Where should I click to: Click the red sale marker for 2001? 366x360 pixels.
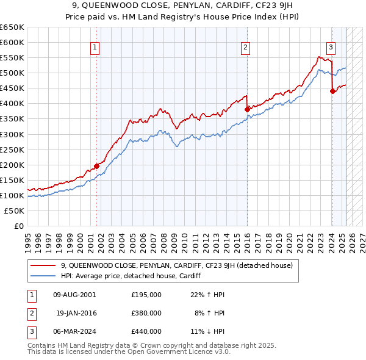click(x=96, y=165)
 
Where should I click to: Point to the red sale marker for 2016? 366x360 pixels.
click(x=247, y=109)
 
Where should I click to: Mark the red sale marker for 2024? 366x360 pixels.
click(x=332, y=91)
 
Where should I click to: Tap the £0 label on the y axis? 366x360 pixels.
click(x=18, y=226)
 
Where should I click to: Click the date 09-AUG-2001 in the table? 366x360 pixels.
click(x=74, y=294)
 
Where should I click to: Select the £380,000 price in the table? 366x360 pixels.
click(x=146, y=313)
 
